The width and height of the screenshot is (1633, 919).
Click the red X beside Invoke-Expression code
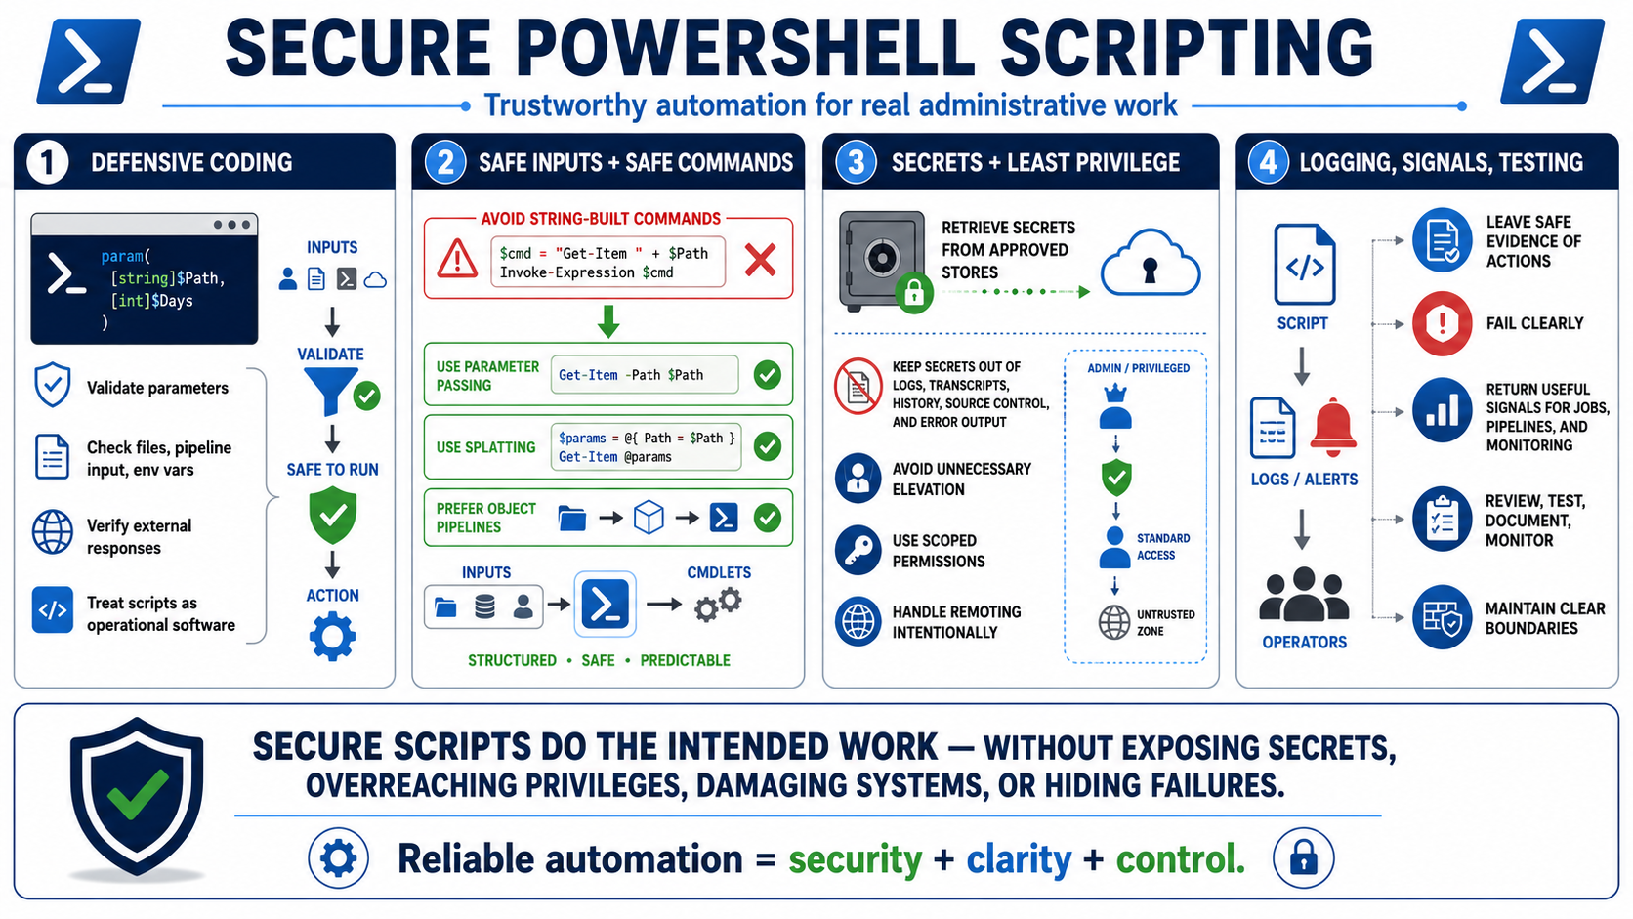(760, 260)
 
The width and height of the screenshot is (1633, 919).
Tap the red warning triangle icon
(457, 259)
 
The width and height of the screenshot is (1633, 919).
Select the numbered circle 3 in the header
(856, 162)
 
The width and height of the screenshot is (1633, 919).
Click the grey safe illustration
(882, 261)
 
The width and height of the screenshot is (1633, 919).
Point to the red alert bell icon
(1333, 428)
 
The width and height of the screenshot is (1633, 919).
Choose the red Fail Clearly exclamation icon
(1442, 323)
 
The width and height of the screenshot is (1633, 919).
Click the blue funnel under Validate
(331, 391)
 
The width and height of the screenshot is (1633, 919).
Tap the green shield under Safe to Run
(332, 517)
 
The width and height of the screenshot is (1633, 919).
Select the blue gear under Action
(332, 637)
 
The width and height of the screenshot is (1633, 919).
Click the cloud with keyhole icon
(1151, 264)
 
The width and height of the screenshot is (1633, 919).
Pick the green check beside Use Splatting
(767, 446)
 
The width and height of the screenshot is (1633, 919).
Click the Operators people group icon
(1304, 596)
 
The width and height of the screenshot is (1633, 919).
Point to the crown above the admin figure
(1115, 395)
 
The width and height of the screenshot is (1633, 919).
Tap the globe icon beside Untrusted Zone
(1114, 622)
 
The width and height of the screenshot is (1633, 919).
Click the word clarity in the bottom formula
(1019, 859)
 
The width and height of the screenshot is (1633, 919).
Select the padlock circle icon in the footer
(1304, 858)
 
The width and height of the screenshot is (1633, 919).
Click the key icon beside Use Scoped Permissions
(858, 550)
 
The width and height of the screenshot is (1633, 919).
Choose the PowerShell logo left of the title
(88, 62)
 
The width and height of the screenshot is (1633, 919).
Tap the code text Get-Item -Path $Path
(631, 375)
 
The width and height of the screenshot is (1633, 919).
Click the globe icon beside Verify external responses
(53, 532)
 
